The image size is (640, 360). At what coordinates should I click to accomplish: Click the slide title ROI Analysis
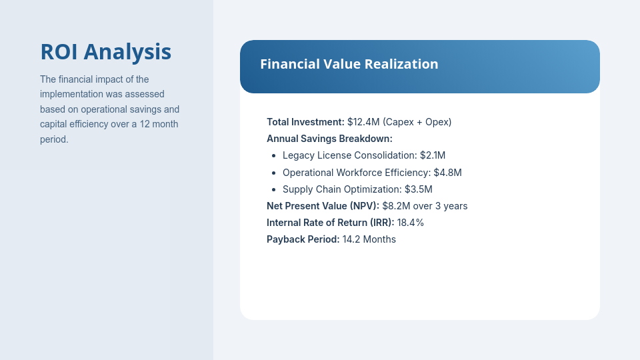[x=105, y=52]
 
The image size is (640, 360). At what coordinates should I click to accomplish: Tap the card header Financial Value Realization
[x=349, y=64]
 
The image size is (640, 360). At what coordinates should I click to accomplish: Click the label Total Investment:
[x=305, y=122]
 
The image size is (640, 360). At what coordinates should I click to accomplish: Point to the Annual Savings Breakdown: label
[x=329, y=139]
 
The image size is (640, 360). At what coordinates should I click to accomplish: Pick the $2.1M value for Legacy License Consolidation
[x=433, y=155]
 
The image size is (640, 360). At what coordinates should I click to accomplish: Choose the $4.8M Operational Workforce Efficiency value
[x=447, y=172]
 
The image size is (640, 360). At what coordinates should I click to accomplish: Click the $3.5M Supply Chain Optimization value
[x=419, y=189]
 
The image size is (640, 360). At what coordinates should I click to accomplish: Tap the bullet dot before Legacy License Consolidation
[x=274, y=155]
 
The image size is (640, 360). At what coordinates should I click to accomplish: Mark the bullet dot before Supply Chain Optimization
[x=274, y=189]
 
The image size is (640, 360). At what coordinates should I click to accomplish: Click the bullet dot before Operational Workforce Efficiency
[x=274, y=172]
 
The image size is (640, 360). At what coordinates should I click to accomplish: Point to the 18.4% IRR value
[x=411, y=222]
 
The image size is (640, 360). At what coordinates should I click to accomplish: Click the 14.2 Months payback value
[x=369, y=239]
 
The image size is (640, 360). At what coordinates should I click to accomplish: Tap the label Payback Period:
[x=303, y=239]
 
